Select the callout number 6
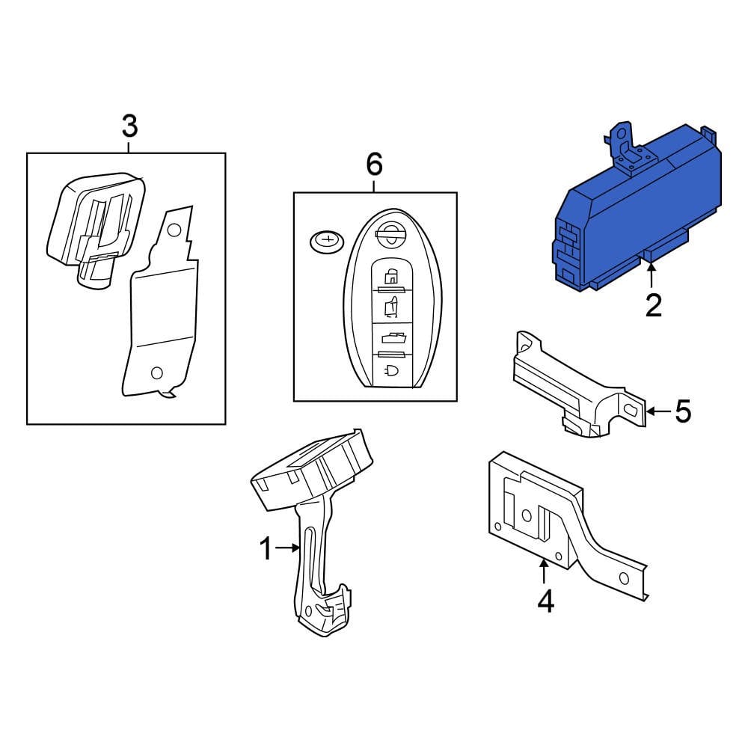click(x=374, y=163)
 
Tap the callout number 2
click(x=653, y=305)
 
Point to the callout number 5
click(x=683, y=411)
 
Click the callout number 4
click(x=545, y=601)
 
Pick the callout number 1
click(x=266, y=550)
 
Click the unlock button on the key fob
click(x=390, y=306)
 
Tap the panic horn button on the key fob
click(x=391, y=371)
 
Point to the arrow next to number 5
click(x=658, y=411)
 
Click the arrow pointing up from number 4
click(x=545, y=572)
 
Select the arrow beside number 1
click(x=288, y=548)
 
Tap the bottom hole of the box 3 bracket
click(x=156, y=372)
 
